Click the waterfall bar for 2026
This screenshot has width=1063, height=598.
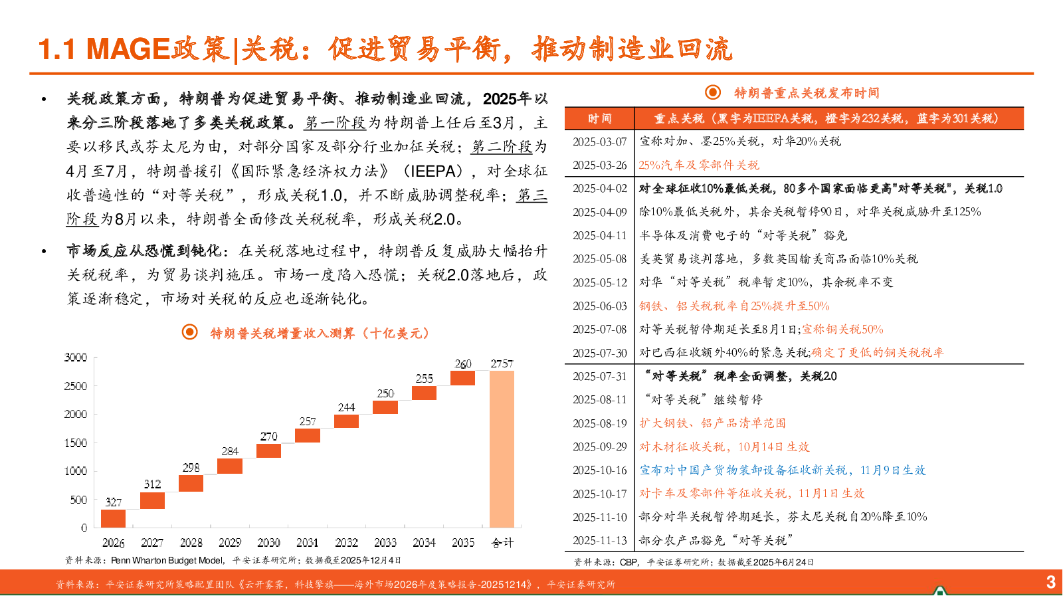coord(113,518)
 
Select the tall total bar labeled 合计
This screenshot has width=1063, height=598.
coord(502,449)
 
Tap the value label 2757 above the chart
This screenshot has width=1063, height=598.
coord(502,363)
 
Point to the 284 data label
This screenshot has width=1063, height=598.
coord(230,451)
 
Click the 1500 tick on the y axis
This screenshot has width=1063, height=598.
coord(76,443)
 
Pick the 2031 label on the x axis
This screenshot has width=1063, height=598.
coord(307,543)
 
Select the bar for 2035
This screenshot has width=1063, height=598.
coord(462,378)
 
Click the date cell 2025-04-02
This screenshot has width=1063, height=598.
coord(600,189)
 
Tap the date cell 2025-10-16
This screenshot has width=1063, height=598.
coord(600,470)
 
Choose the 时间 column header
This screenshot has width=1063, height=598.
coord(599,118)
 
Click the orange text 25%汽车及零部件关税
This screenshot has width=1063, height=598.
coord(699,165)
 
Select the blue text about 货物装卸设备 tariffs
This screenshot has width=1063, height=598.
coord(782,470)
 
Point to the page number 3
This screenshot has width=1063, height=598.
coord(1050,582)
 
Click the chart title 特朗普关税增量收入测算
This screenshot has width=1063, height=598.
coord(320,333)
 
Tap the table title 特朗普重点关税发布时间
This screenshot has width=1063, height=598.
coord(806,93)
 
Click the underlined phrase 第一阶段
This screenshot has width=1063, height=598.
coord(336,123)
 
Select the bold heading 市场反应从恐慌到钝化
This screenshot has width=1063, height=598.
coord(144,250)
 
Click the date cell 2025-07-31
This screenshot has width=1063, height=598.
coord(600,376)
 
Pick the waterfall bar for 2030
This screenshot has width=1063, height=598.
coord(268,450)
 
